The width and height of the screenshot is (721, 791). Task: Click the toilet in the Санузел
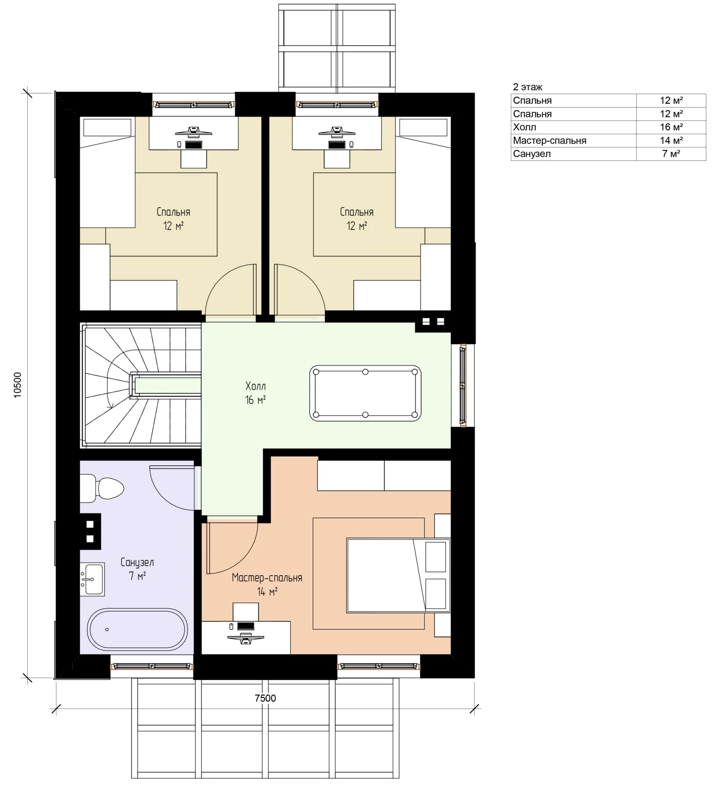click(x=102, y=488)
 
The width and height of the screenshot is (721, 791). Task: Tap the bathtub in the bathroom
click(x=137, y=629)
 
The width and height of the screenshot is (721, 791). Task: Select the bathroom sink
click(x=92, y=579)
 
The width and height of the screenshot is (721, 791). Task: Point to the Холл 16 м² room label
click(x=256, y=393)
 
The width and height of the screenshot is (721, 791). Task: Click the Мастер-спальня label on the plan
click(x=267, y=577)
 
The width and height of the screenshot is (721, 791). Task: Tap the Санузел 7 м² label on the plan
click(x=137, y=569)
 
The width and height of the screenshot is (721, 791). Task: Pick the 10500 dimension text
click(x=18, y=385)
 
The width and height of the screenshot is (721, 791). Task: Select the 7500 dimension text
click(x=265, y=698)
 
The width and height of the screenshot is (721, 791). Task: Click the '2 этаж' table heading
click(x=527, y=87)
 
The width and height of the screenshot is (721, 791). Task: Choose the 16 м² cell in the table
click(x=671, y=127)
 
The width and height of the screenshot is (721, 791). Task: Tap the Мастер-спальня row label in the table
click(x=549, y=141)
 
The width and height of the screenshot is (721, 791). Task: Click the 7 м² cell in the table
click(x=671, y=154)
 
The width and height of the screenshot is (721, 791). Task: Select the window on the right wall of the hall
click(x=463, y=386)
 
